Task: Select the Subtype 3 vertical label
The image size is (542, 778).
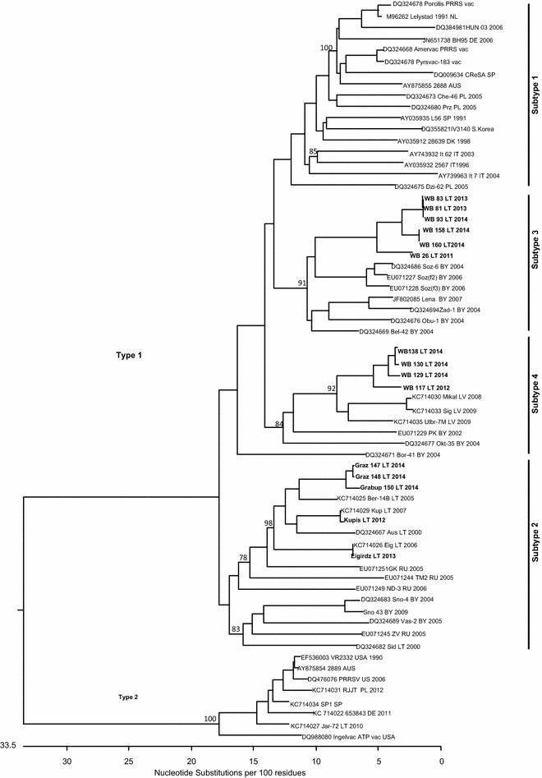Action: (535, 259)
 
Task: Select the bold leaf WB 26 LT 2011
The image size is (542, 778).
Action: (438, 255)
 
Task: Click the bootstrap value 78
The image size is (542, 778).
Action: (242, 558)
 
